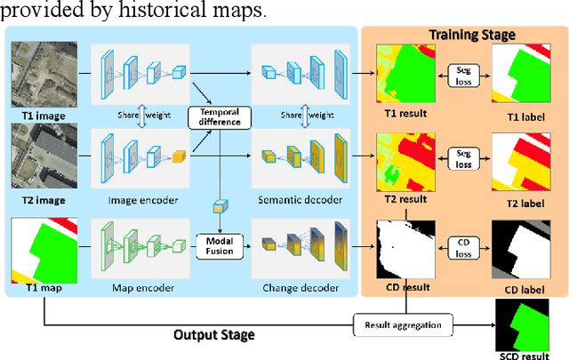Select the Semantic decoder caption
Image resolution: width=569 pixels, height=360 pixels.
tap(299, 200)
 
